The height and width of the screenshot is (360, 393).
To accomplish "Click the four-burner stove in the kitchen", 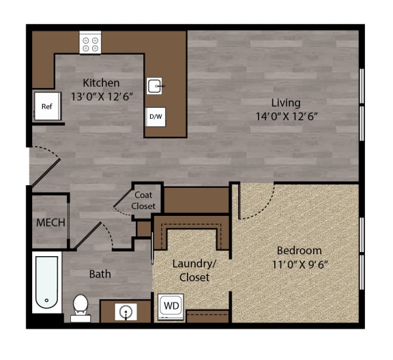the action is (90, 42).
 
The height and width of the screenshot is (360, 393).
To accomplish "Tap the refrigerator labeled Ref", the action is (47, 106).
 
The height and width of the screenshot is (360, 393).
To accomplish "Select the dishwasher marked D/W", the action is (156, 117).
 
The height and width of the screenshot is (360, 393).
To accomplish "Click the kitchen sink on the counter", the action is (155, 86).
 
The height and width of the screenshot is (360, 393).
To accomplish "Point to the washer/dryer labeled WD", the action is (171, 307).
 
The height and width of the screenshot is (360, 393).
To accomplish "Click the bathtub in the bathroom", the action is (46, 282).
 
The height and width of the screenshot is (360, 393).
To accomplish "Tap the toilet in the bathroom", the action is (81, 308).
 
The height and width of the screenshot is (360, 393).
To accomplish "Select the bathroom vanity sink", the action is (126, 311).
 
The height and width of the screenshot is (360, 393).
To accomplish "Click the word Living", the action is (286, 103).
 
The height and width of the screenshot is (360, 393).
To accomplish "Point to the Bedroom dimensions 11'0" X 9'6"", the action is (300, 264).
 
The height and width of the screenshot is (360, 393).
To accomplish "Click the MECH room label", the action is (50, 223).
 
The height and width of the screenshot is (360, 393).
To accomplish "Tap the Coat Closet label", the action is (143, 200).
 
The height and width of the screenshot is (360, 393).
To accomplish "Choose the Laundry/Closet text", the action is (194, 271).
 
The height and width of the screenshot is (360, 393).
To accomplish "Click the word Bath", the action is (100, 274).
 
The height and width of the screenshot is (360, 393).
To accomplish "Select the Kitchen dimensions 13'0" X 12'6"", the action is (102, 96).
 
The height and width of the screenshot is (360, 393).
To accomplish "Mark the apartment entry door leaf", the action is (45, 173).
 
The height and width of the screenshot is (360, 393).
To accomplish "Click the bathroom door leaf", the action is (88, 236).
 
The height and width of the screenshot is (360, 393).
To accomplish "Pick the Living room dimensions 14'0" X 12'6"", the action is (287, 116).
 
